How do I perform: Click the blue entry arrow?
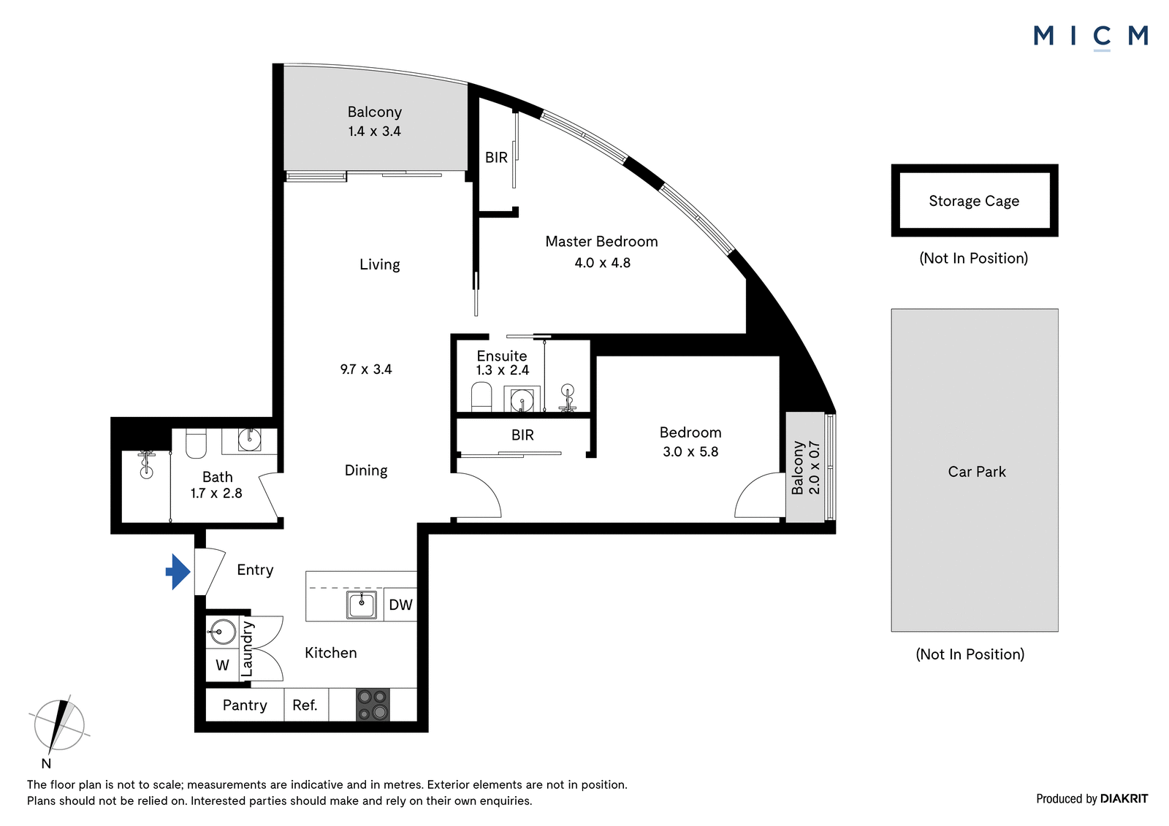(178, 572)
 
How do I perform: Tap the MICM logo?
(1092, 37)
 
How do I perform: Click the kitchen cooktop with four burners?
(373, 705)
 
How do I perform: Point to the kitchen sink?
(361, 605)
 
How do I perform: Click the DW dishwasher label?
(401, 605)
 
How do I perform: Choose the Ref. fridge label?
(305, 705)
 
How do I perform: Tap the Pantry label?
(245, 705)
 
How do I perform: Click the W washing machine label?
(222, 665)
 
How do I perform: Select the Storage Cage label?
(974, 201)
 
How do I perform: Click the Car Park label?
(976, 472)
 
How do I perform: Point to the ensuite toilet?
(481, 397)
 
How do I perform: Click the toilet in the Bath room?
(197, 443)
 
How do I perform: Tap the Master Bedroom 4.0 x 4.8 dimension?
(602, 262)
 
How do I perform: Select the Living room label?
(379, 264)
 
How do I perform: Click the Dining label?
(366, 470)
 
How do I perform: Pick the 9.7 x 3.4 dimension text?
(366, 370)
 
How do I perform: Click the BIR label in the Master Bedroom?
(496, 157)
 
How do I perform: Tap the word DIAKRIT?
(1124, 799)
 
